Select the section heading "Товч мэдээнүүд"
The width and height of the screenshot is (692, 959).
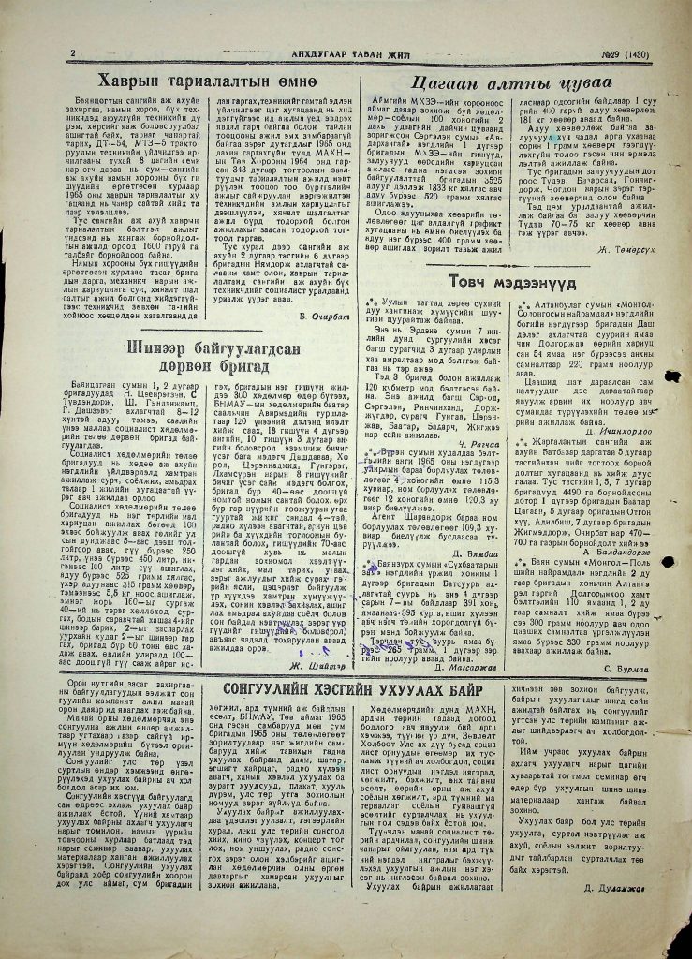coord(508,281)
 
